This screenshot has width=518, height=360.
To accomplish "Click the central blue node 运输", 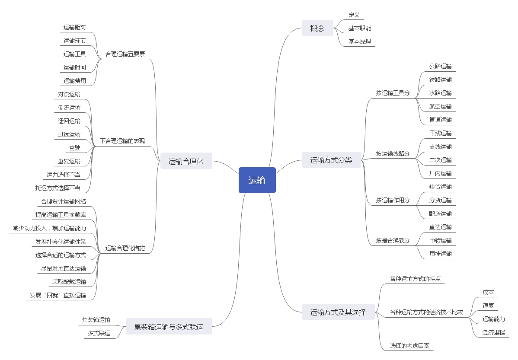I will (257, 180).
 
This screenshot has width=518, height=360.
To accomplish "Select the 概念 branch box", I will (317, 29).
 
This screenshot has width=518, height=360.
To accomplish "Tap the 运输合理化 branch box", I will (186, 162).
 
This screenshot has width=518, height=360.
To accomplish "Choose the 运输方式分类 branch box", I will (331, 160).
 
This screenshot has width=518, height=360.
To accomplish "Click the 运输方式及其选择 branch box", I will (338, 312).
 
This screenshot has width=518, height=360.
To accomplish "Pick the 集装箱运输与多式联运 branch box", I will (169, 326).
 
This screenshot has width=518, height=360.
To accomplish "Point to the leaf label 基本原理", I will (360, 42).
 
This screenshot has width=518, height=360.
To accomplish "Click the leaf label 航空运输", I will (440, 106).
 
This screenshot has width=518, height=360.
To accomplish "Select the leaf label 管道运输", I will (440, 120).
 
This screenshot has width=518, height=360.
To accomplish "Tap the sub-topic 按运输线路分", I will (393, 153).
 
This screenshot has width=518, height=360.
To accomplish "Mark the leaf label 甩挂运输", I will (440, 254).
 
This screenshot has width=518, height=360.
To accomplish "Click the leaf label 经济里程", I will (494, 332).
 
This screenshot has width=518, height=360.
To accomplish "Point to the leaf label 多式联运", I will (99, 333).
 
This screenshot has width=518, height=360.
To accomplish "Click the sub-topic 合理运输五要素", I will (125, 54).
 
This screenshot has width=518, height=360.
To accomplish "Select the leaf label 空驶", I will (75, 148).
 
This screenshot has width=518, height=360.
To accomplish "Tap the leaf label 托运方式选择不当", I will (58, 188).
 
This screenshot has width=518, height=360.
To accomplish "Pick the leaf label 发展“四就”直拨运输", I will (58, 296).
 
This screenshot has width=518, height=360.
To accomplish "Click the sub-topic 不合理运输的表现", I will (122, 141).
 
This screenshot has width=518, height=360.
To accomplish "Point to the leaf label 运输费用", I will (74, 81).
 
